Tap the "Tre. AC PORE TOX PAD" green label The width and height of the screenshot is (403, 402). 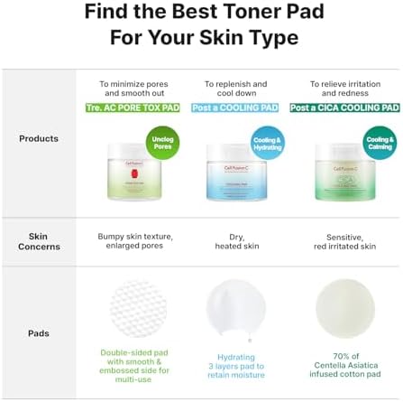point(133,108)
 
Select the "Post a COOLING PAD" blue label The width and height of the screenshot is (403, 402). point(235,108)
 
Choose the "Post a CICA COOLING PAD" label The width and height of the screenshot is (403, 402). point(343,108)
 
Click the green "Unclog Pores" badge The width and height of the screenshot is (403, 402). point(162,142)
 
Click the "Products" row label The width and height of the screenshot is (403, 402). point(39,139)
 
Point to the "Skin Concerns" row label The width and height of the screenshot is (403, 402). point(39,241)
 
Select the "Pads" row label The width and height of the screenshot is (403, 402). point(39,333)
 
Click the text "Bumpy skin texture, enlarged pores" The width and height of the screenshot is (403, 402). point(134,241)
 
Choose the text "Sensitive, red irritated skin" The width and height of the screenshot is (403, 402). point(343,241)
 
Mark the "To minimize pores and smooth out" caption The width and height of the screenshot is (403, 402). point(134,89)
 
